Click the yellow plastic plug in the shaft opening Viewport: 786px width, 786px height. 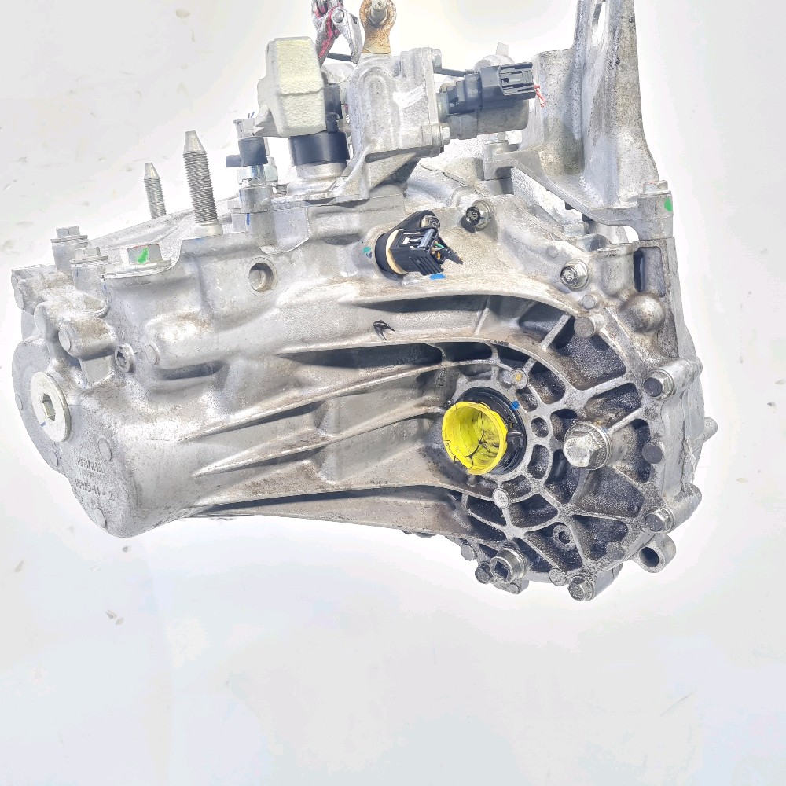pyautogui.click(x=475, y=437)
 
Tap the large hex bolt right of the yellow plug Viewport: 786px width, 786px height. pyautogui.click(x=586, y=446)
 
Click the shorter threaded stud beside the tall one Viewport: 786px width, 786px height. pyautogui.click(x=154, y=191)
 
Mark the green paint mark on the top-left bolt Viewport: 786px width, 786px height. pyautogui.click(x=141, y=255)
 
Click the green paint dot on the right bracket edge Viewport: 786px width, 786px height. pyautogui.click(x=669, y=204)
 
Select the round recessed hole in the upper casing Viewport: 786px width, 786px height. pyautogui.click(x=260, y=276)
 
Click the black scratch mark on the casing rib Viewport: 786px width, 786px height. pyautogui.click(x=383, y=330)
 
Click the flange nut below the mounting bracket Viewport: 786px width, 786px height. pyautogui.click(x=575, y=274)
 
